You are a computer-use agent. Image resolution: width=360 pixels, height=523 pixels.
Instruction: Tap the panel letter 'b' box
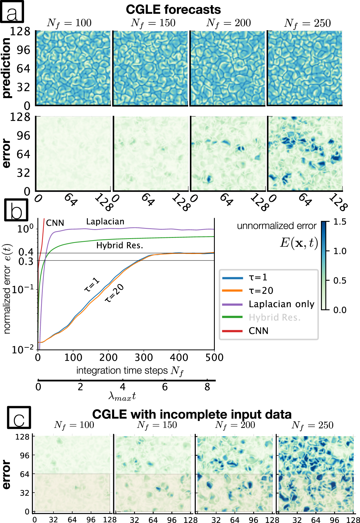[16, 210]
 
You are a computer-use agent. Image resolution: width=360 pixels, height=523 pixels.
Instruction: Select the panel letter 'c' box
[19, 417]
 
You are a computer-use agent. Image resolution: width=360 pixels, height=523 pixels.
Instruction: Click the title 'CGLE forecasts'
[173, 10]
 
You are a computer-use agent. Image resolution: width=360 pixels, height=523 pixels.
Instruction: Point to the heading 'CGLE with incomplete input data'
[192, 414]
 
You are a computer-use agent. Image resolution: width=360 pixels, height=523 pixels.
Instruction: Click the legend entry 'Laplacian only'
[281, 304]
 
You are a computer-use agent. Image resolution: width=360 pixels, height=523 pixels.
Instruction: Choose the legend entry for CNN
[258, 331]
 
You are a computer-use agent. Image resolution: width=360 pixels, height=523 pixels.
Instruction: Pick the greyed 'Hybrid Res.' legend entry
[274, 317]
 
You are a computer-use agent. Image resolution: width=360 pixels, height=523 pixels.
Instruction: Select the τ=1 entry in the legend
[258, 277]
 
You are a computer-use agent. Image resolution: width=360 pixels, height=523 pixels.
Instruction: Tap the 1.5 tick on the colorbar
[340, 222]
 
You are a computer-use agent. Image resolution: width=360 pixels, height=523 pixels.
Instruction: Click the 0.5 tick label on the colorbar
[340, 281]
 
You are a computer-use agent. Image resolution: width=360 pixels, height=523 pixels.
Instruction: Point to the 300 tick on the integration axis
[143, 358]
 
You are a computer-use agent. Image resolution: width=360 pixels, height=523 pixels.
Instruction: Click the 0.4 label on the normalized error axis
[26, 252]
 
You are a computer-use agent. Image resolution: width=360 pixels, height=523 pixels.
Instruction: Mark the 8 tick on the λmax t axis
[207, 387]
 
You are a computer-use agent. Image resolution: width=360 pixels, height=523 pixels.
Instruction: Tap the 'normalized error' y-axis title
[7, 289]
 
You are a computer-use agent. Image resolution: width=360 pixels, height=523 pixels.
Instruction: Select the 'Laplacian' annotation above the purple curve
[105, 222]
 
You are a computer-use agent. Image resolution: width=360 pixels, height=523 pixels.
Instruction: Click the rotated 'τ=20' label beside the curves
[114, 293]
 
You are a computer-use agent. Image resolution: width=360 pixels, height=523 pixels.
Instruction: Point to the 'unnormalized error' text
[277, 226]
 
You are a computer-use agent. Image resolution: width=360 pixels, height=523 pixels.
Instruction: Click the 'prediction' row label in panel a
[6, 68]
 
